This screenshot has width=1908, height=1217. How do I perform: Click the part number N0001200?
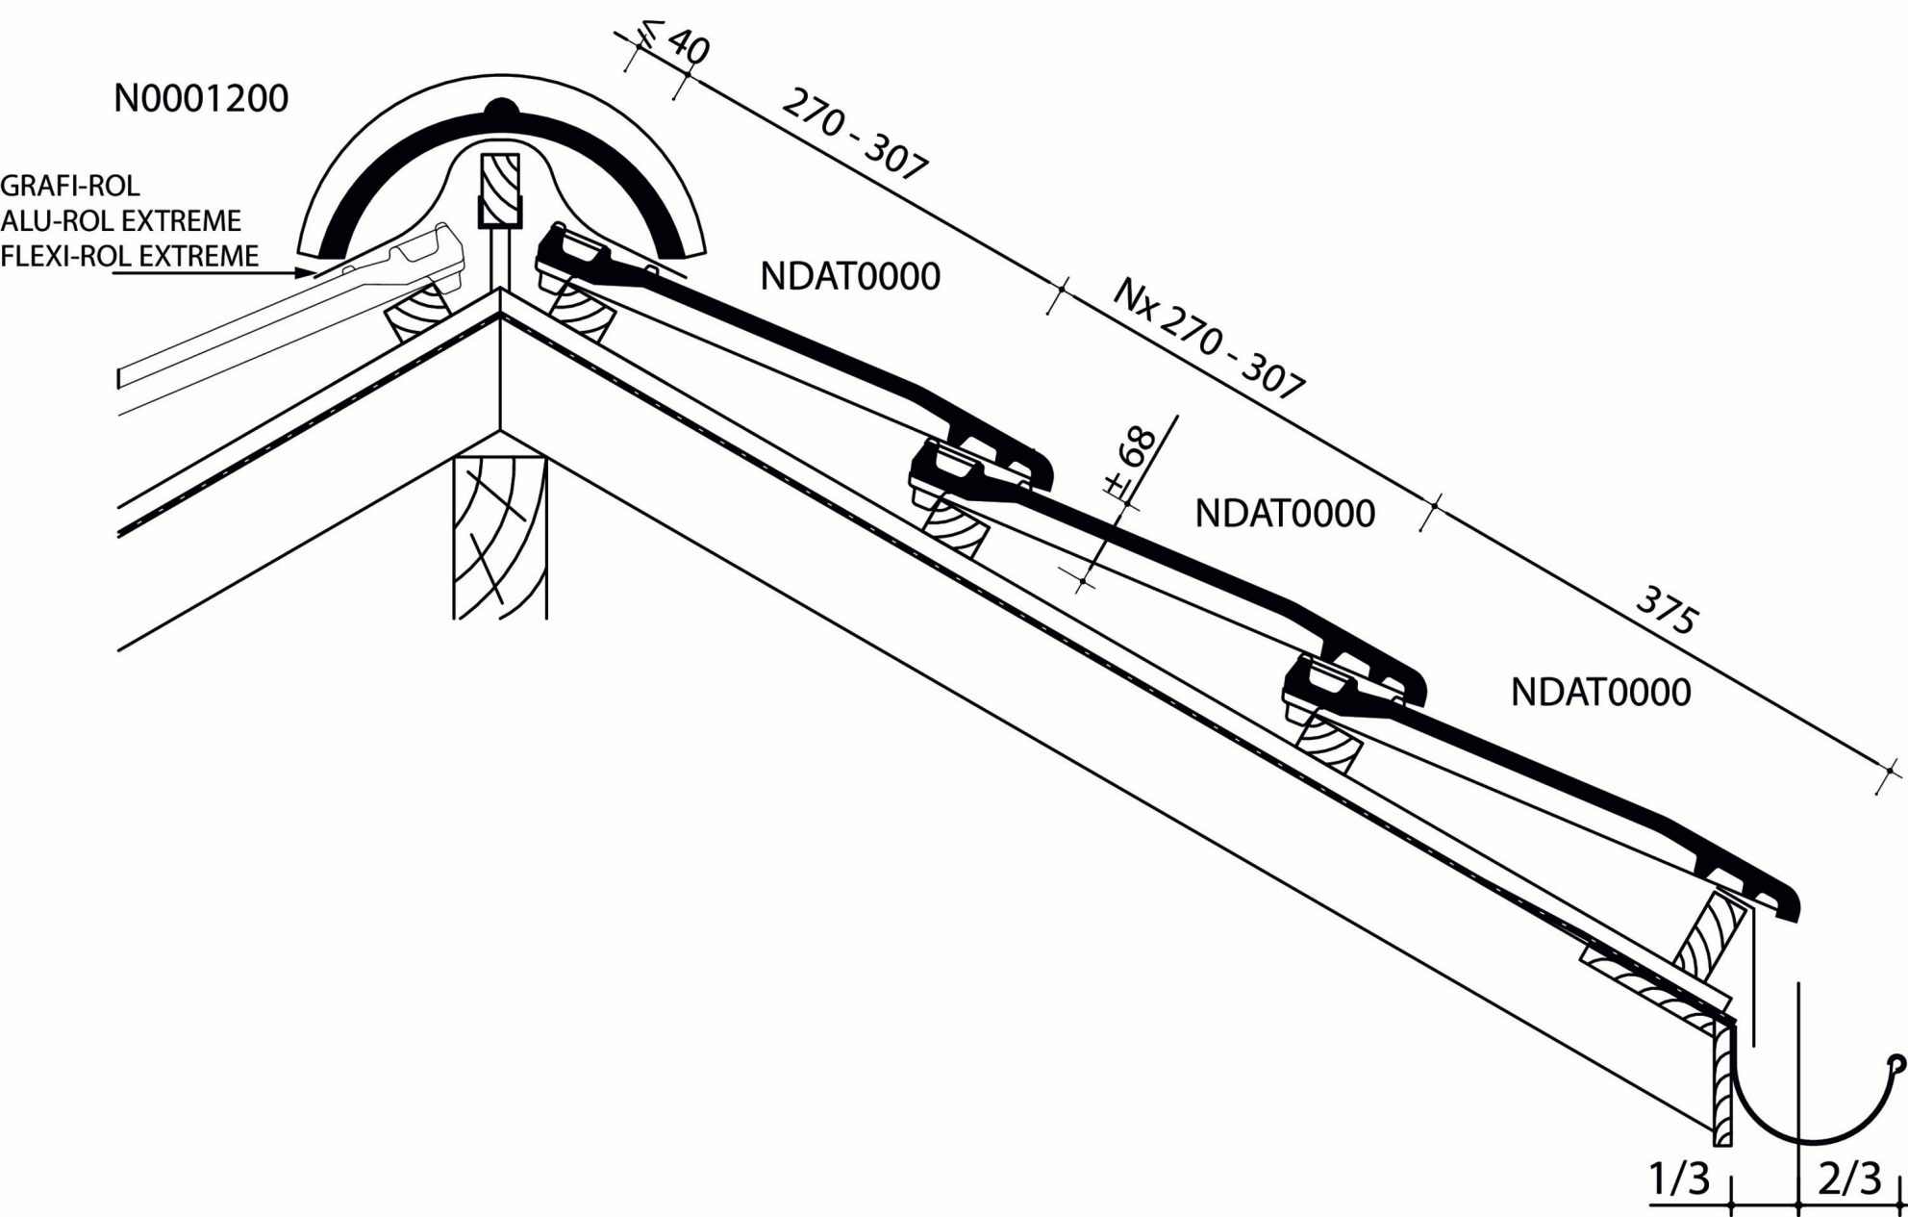click(201, 99)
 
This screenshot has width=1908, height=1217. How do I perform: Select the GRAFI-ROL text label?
click(70, 185)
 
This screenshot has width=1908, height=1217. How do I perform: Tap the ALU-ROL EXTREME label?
click(120, 220)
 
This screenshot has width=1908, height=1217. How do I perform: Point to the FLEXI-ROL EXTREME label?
click(130, 256)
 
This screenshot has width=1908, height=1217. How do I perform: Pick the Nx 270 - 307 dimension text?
click(1209, 338)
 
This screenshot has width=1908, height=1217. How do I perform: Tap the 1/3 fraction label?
click(1679, 1179)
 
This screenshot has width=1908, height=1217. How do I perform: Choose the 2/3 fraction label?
click(1848, 1179)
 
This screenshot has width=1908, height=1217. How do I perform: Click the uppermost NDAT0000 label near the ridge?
click(850, 277)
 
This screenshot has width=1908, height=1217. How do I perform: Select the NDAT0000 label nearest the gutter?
click(1600, 693)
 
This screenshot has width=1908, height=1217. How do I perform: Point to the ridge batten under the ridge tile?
click(500, 190)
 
